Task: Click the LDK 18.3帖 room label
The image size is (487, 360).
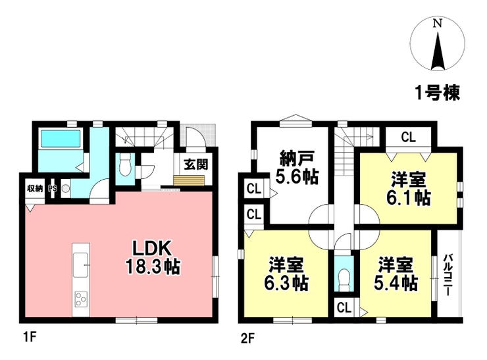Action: pos(153,257)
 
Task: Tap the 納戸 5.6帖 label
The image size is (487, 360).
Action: pos(297,167)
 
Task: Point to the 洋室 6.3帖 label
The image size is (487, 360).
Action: pos(286,274)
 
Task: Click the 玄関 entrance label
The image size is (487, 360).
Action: pos(195,165)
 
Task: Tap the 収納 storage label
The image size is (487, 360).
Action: pos(35,188)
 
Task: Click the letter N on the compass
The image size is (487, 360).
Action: pos(438,23)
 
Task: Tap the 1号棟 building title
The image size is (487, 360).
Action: pos(437,92)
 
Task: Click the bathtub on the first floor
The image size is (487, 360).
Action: pos(61,138)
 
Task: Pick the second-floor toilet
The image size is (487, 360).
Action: pos(344,277)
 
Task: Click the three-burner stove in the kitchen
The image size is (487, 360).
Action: pos(81,299)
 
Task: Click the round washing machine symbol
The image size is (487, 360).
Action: pos(65,188)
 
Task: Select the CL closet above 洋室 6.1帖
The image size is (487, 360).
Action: pos(408,137)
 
